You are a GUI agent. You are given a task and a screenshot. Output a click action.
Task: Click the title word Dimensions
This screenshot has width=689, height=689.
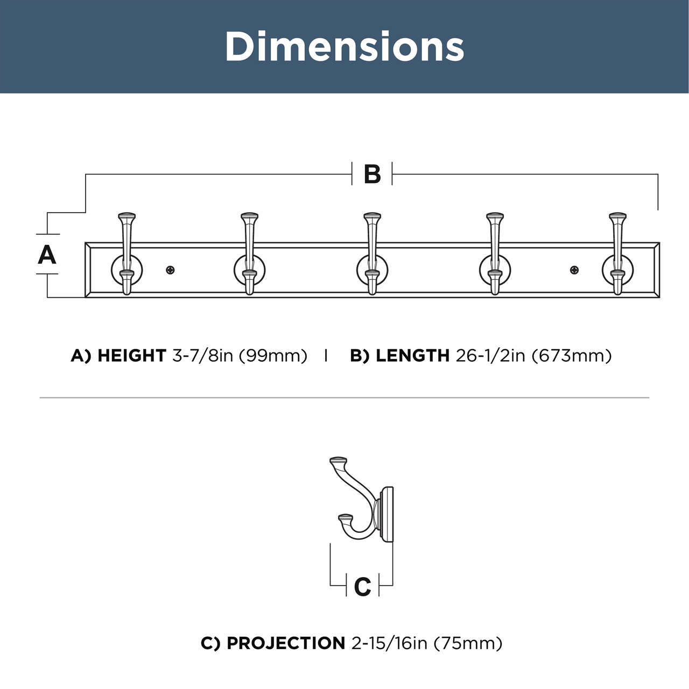pos(344,46)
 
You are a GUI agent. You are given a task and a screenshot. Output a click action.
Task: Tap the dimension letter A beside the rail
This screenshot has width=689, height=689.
pos(47,255)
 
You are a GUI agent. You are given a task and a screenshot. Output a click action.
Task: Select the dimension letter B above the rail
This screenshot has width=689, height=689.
pos(372,174)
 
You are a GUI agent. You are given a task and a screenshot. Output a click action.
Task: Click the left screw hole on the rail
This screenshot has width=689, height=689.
pos(171,270)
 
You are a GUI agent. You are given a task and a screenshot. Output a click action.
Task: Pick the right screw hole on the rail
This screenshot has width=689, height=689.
pos(574,270)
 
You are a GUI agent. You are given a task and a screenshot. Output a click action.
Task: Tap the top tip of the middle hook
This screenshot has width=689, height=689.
pos(372,215)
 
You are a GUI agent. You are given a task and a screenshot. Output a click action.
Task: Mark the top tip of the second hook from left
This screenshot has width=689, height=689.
pos(250,215)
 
